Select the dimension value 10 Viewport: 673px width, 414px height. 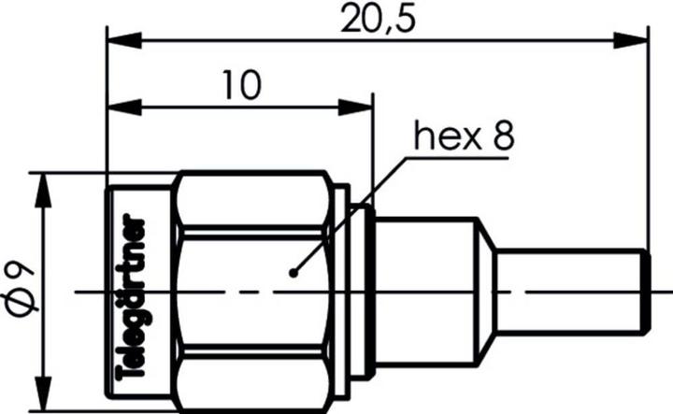pos(240,86)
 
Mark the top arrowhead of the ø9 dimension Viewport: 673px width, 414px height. pos(42,187)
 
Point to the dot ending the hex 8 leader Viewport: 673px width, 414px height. pos(294,273)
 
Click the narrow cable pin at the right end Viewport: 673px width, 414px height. pos(570,291)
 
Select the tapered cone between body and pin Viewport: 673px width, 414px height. pos(487,291)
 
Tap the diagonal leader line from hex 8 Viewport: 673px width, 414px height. pos(351,214)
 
